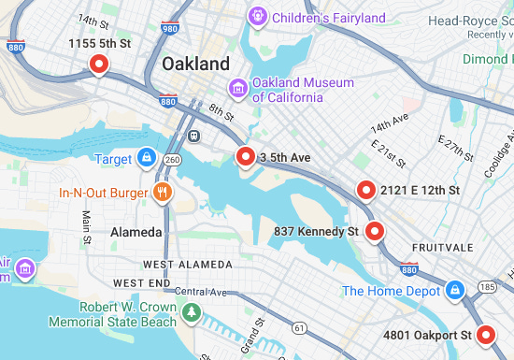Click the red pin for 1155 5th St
coord(98,64)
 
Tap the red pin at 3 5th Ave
coord(246,156)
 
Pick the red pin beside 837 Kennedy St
coord(375,231)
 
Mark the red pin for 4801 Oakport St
coord(485,335)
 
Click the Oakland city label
coord(195,64)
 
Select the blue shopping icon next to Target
coord(146,158)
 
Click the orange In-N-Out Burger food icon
coord(163,194)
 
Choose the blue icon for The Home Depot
coord(455,290)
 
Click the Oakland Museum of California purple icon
coord(239,89)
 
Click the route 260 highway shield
coord(171,160)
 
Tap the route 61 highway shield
coord(298,328)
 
